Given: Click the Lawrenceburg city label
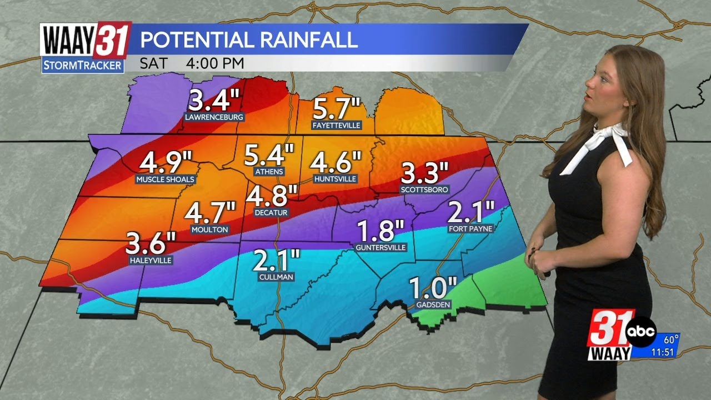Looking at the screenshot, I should point(214,117).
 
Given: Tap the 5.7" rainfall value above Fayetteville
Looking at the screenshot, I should point(337,108).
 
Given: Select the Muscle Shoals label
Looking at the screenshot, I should point(166,179).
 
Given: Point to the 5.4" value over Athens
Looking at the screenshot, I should point(269,156).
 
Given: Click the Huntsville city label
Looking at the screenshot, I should point(335,179).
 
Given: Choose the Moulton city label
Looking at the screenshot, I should point(209,229).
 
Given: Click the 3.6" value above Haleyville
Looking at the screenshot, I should point(151,243).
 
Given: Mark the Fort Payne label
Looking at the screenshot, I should point(470,228).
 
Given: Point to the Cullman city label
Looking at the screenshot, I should point(276,277).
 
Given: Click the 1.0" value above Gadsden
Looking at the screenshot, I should point(433,288).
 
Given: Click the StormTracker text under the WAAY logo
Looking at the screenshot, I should point(82,65).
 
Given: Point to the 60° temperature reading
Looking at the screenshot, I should point(672,339).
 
